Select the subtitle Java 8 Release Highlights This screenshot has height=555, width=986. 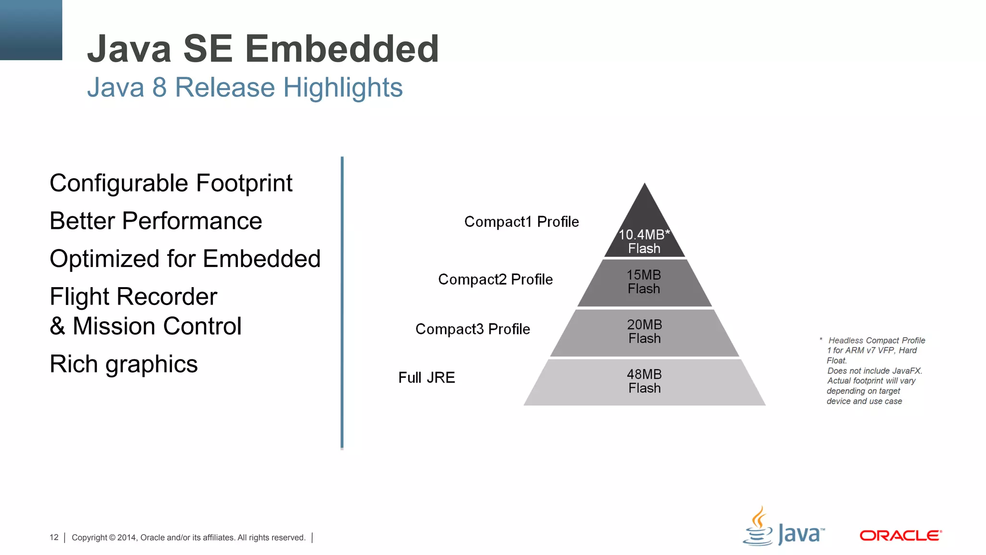coord(245,88)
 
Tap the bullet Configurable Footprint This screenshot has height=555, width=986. coord(171,184)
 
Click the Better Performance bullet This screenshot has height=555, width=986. coord(156,221)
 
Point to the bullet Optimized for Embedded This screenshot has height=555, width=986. coord(185,259)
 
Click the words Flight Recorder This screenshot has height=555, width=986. coord(133,297)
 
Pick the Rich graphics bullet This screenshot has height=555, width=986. coord(124,364)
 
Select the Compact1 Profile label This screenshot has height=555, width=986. coord(521,222)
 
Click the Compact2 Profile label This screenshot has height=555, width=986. coord(495,279)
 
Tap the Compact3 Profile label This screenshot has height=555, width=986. coord(472,329)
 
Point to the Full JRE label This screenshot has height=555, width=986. coord(427,378)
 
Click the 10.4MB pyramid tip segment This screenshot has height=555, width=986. coord(644,236)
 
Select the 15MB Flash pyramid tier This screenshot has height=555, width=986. coord(644,282)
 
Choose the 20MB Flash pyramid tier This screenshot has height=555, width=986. coord(644,332)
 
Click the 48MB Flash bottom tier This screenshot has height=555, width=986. coord(644,382)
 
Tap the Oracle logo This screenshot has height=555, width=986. coord(900,536)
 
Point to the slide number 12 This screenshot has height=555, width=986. coord(54,537)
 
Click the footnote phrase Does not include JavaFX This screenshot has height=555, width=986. coord(874,371)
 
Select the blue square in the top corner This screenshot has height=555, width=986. coord(31,30)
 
